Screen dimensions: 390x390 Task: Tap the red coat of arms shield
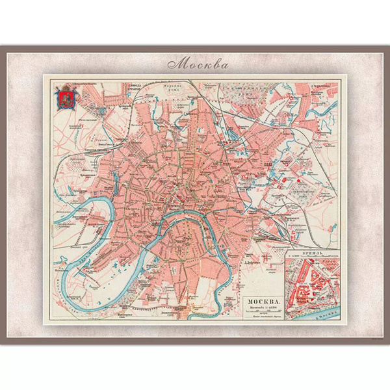pos(63,99)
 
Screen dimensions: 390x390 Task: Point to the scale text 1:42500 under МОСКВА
pos(265,308)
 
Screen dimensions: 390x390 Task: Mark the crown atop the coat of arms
pos(63,88)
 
